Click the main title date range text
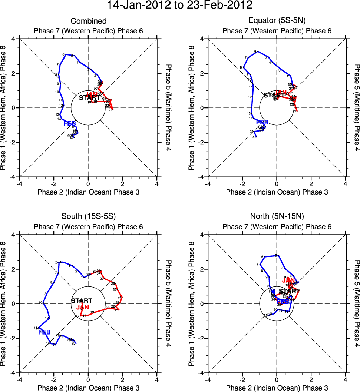[x=180, y=6]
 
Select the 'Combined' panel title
[x=89, y=21]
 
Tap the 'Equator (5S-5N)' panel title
[x=277, y=21]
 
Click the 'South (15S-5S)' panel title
[x=89, y=217]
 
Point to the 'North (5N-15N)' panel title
[x=277, y=217]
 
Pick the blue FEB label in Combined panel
[x=70, y=123]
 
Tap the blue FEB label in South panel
[x=44, y=332]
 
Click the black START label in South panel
[x=82, y=301]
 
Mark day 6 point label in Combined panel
[x=64, y=54]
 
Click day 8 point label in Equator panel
[x=241, y=67]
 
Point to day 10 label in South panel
[x=40, y=303]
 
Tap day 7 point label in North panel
[x=257, y=265]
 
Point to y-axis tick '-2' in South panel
[x=13, y=338]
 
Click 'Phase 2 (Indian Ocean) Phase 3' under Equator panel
[x=277, y=192]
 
